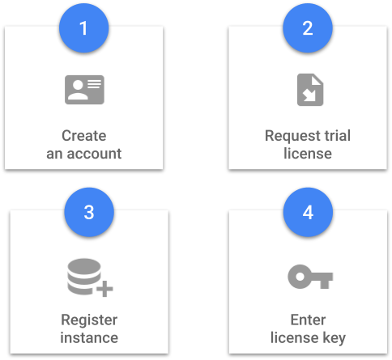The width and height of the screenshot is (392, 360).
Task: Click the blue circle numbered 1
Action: point(84,28)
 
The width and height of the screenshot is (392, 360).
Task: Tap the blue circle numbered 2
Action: point(308,28)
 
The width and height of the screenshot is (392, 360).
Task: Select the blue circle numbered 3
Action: point(89,212)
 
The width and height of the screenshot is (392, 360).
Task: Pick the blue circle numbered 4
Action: point(308,212)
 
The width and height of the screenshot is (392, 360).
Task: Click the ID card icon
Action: point(84,90)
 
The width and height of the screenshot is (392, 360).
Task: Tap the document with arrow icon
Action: point(310,90)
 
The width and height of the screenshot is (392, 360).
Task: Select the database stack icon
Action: point(84,277)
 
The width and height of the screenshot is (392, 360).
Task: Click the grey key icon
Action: point(310,277)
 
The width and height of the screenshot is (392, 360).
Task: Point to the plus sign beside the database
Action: point(104,289)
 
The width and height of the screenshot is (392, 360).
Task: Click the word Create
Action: point(84,136)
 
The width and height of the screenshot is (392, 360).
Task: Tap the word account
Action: point(94,154)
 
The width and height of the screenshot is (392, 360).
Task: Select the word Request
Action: point(292,136)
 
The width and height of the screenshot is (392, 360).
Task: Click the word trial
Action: point(337,135)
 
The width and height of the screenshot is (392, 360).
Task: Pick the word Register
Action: point(89,321)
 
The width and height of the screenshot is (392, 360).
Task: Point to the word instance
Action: point(89,338)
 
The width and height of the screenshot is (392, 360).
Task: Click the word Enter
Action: point(308,320)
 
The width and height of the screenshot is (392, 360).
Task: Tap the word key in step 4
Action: point(334,339)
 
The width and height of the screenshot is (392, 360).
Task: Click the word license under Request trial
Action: point(308,154)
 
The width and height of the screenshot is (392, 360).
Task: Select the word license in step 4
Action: point(295,338)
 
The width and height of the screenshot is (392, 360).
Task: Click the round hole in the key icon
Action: point(300,277)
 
